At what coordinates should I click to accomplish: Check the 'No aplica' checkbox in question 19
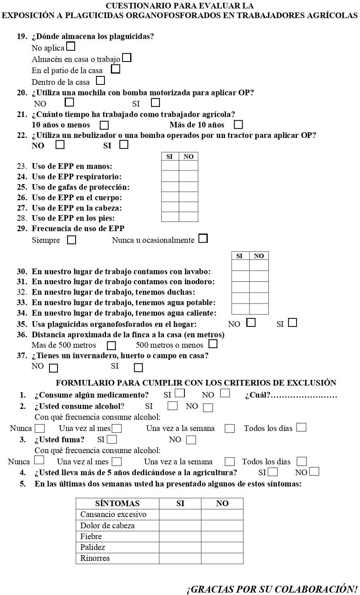tap(71, 47)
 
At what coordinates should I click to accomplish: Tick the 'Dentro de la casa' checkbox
tap(100, 81)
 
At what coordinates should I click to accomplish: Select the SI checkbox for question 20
tap(155, 103)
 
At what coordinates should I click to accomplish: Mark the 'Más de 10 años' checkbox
tap(238, 125)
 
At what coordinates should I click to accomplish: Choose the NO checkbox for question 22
tap(60, 145)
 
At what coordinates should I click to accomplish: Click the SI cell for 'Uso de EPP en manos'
tap(170, 166)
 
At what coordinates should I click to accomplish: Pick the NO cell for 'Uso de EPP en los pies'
tap(188, 217)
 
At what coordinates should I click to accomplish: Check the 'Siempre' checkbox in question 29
tap(72, 240)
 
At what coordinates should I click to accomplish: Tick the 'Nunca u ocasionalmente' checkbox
tap(203, 239)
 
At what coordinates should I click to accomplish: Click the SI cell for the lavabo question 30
tap(240, 265)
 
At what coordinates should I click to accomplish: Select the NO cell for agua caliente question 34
tap(259, 309)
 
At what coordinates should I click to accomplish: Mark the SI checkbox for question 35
tap(292, 322)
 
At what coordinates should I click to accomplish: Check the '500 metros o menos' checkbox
tap(213, 344)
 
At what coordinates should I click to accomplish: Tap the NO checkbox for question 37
tap(53, 368)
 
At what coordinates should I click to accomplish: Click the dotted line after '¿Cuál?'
tap(304, 396)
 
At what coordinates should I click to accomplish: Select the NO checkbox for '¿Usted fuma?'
tap(191, 440)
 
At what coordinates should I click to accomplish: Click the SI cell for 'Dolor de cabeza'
tap(180, 525)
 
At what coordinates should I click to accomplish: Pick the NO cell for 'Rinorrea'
tap(222, 558)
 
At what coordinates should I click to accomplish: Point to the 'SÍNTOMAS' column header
tap(117, 503)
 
